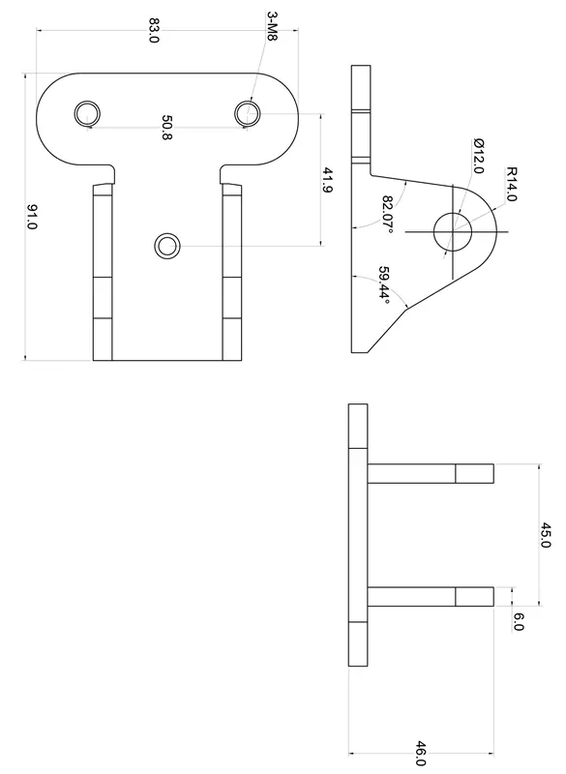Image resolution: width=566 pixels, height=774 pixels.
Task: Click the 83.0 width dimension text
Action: click(x=154, y=30)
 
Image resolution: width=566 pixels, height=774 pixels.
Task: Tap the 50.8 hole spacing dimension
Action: click(x=166, y=129)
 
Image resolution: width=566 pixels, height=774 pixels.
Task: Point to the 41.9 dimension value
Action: click(x=328, y=181)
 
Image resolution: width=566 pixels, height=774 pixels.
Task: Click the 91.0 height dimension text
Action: click(x=32, y=217)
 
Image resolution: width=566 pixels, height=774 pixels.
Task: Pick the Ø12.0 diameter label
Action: click(x=477, y=156)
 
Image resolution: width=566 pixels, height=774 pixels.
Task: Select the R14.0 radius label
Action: click(x=512, y=184)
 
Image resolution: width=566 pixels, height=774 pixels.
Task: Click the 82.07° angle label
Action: click(x=388, y=215)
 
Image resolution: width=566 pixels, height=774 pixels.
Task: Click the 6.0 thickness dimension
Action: click(x=518, y=622)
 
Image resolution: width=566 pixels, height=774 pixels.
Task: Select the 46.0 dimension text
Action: click(x=420, y=753)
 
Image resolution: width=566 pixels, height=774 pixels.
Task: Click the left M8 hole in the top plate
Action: click(x=88, y=113)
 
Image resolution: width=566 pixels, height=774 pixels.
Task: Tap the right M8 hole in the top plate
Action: click(x=248, y=113)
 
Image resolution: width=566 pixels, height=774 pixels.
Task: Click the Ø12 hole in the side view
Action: click(x=452, y=231)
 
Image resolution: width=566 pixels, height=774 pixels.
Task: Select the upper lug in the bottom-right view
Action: click(x=430, y=473)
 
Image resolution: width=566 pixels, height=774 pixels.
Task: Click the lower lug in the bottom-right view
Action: click(x=430, y=596)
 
